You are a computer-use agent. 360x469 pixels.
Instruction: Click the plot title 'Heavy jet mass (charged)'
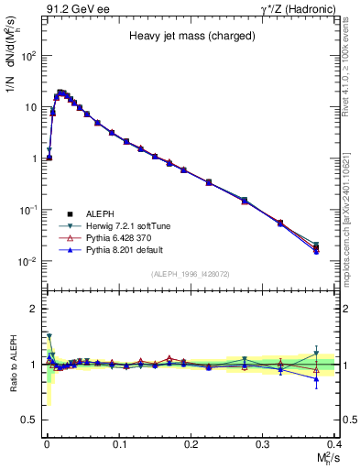190,36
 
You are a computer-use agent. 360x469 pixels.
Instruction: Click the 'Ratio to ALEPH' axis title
12,364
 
